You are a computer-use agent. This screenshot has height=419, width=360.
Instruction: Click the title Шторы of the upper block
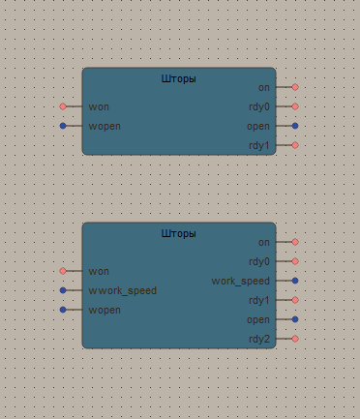(178, 78)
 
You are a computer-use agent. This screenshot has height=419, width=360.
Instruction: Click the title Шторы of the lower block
(178, 233)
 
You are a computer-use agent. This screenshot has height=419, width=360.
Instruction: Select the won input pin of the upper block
(63, 106)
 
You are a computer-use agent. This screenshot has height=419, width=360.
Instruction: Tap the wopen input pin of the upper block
(63, 126)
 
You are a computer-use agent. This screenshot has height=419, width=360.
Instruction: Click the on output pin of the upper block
(295, 87)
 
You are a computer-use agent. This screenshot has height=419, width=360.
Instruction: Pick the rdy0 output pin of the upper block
(295, 106)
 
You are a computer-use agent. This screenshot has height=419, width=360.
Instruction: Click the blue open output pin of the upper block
(295, 126)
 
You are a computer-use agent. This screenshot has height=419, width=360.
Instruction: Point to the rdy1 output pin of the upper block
(295, 145)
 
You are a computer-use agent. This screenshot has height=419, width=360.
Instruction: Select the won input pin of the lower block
(63, 271)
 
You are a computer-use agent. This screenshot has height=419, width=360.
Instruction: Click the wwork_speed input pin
(63, 290)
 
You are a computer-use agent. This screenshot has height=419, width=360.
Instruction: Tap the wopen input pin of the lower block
(63, 310)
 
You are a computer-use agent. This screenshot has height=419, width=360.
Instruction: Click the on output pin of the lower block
(295, 242)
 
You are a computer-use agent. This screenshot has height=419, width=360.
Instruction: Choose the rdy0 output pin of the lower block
(295, 261)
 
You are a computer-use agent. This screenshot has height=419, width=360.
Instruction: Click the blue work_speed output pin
(295, 281)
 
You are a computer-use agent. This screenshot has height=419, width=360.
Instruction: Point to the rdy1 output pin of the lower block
(295, 300)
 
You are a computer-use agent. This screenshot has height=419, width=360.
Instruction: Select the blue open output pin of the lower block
(295, 319)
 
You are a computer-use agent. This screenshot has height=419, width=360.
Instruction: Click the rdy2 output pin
(295, 339)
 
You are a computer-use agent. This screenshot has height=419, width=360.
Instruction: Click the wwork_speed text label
(122, 290)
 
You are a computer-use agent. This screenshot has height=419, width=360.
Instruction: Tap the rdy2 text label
(259, 339)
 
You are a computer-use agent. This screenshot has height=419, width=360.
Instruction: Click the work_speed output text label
(241, 281)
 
